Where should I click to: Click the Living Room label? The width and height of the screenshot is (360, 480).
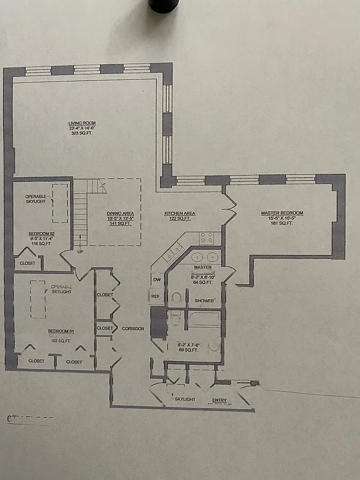pyautogui.click(x=82, y=123)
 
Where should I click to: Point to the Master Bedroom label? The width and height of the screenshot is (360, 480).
pyautogui.click(x=281, y=213)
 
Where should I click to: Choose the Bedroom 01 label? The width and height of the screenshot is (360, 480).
pyautogui.click(x=61, y=331)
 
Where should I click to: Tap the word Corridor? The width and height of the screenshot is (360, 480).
pyautogui.click(x=133, y=329)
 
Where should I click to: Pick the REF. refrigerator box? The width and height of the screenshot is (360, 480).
pyautogui.click(x=155, y=296)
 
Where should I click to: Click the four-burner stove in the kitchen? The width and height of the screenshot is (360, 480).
pyautogui.click(x=208, y=238)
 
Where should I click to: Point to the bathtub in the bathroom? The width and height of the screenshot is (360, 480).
pyautogui.click(x=204, y=319)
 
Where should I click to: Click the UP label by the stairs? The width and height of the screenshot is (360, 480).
pyautogui.click(x=79, y=251)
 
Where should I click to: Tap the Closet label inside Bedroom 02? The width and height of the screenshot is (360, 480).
pyautogui.click(x=28, y=263)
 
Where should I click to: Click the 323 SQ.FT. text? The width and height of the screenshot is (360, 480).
pyautogui.click(x=82, y=134)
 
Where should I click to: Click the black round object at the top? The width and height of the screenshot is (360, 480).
pyautogui.click(x=163, y=5)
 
